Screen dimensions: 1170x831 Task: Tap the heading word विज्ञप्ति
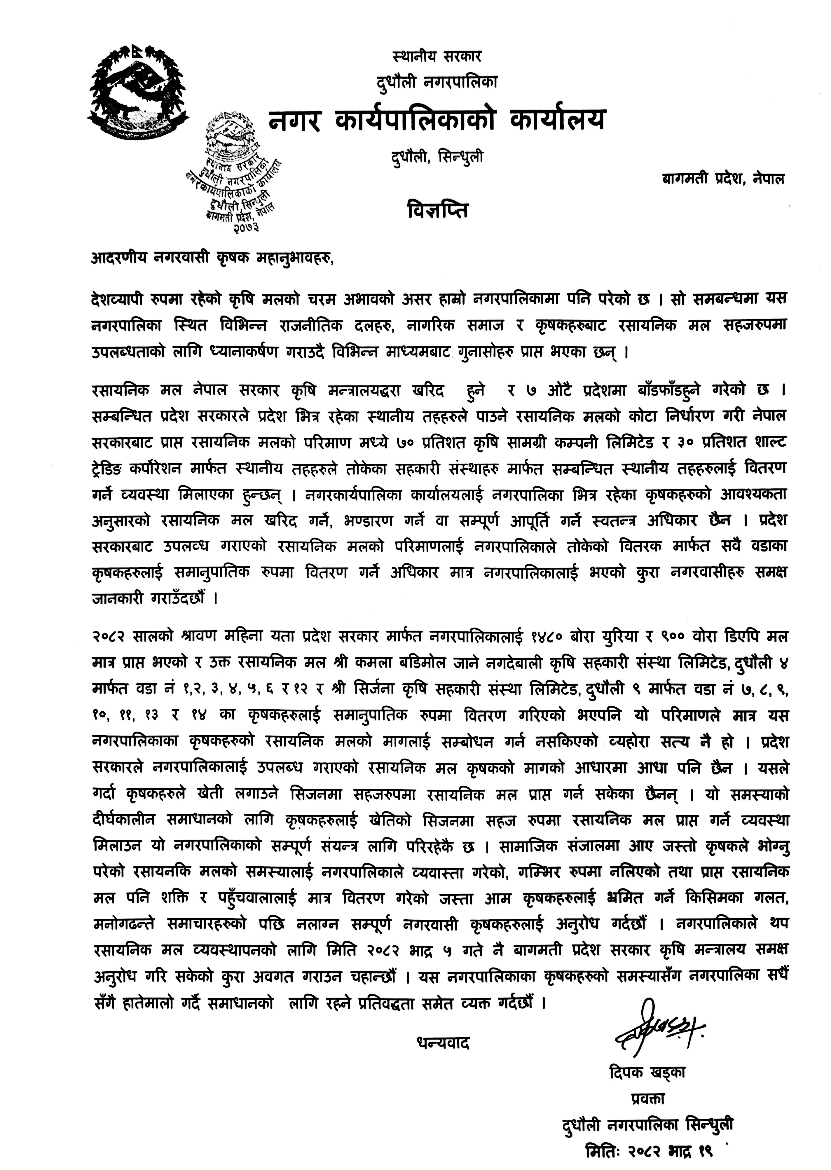tap(438, 211)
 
